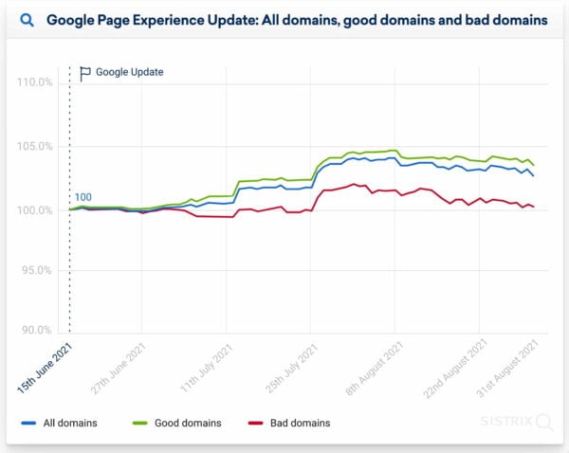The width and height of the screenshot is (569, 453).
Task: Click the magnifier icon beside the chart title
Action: click(x=28, y=19)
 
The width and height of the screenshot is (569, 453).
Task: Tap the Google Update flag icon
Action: click(x=85, y=72)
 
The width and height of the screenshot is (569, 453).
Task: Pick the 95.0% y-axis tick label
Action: click(x=37, y=270)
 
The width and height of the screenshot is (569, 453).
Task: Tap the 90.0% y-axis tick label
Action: click(x=37, y=331)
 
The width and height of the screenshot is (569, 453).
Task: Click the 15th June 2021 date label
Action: click(x=46, y=365)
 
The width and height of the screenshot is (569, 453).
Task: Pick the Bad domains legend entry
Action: click(x=290, y=422)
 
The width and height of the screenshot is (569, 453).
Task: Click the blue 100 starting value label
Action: click(x=83, y=198)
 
